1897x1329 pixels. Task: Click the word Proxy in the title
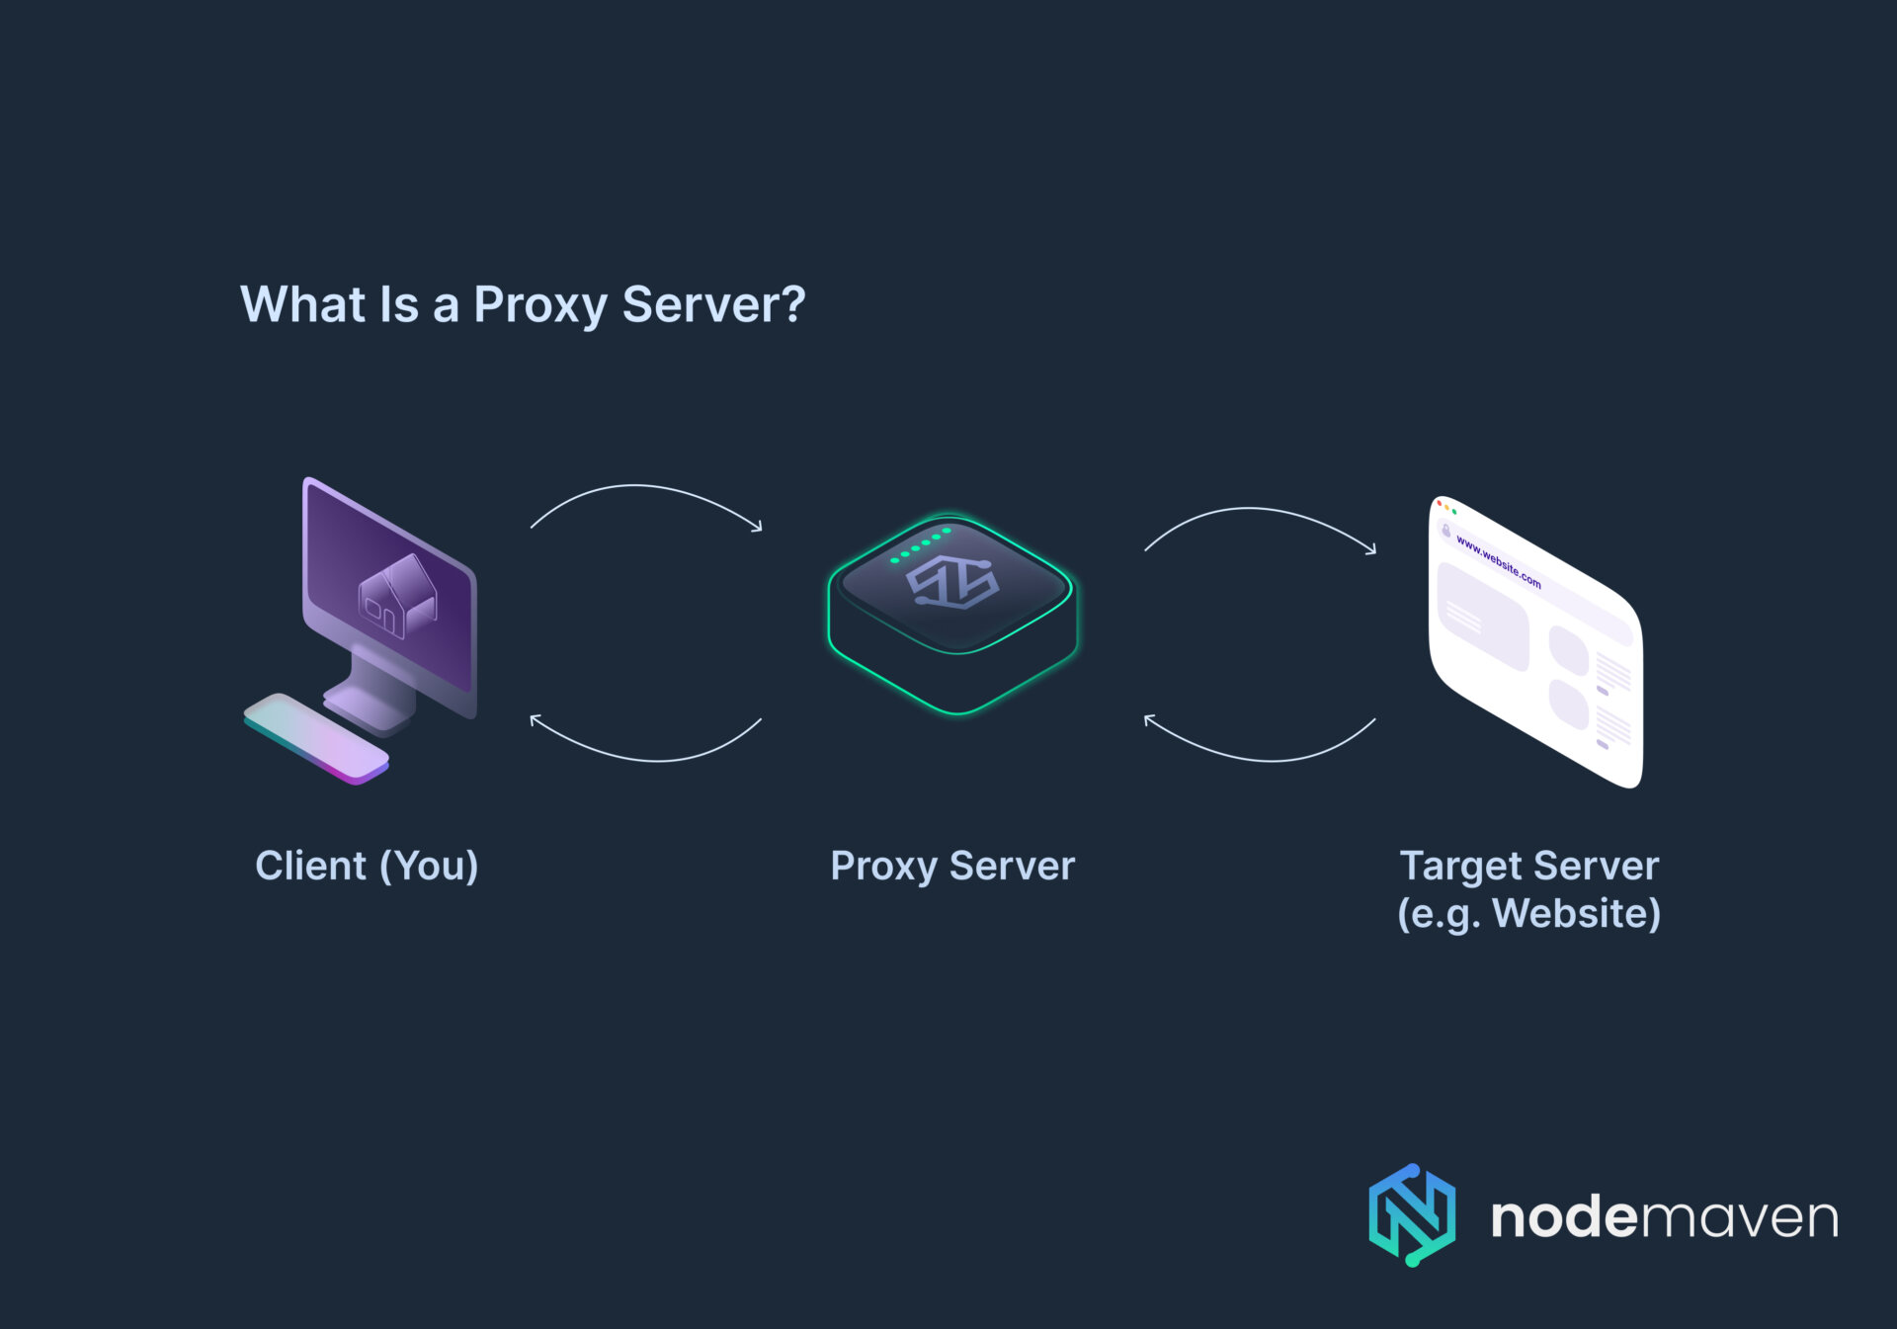(x=538, y=305)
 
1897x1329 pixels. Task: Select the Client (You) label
(x=367, y=866)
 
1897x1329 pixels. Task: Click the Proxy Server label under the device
(x=951, y=866)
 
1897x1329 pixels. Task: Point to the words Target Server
(x=1528, y=866)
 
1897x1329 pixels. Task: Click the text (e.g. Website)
(x=1528, y=913)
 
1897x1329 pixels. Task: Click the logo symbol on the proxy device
(x=952, y=582)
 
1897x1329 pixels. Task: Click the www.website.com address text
(x=1498, y=562)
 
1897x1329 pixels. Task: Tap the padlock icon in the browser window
(x=1446, y=532)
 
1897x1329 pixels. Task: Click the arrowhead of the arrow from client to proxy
(x=758, y=528)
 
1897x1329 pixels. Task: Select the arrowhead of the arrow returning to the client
(x=535, y=719)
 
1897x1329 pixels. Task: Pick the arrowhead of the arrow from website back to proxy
(x=1148, y=719)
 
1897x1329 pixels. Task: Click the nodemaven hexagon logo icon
(x=1411, y=1215)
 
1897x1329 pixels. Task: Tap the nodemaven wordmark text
(x=1664, y=1217)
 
